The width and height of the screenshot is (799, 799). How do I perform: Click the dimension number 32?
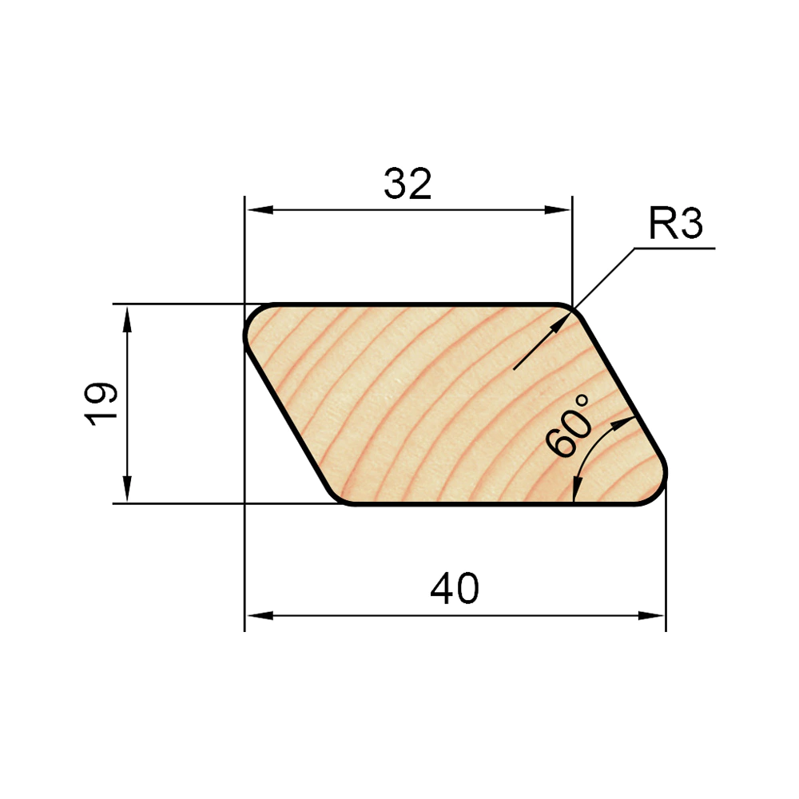[x=407, y=184]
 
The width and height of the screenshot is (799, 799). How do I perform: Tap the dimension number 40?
[x=455, y=589]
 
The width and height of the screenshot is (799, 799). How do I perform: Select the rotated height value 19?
[x=101, y=403]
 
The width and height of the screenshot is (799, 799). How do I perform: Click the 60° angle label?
[x=569, y=426]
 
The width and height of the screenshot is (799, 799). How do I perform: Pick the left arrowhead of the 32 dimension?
[x=260, y=210]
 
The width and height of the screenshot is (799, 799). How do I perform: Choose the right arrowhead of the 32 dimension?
[x=558, y=210]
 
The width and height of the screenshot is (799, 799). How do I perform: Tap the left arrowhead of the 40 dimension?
[x=260, y=615]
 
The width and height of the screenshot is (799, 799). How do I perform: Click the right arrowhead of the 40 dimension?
[x=651, y=615]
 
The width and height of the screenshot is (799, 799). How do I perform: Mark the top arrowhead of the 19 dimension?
[x=127, y=319]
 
